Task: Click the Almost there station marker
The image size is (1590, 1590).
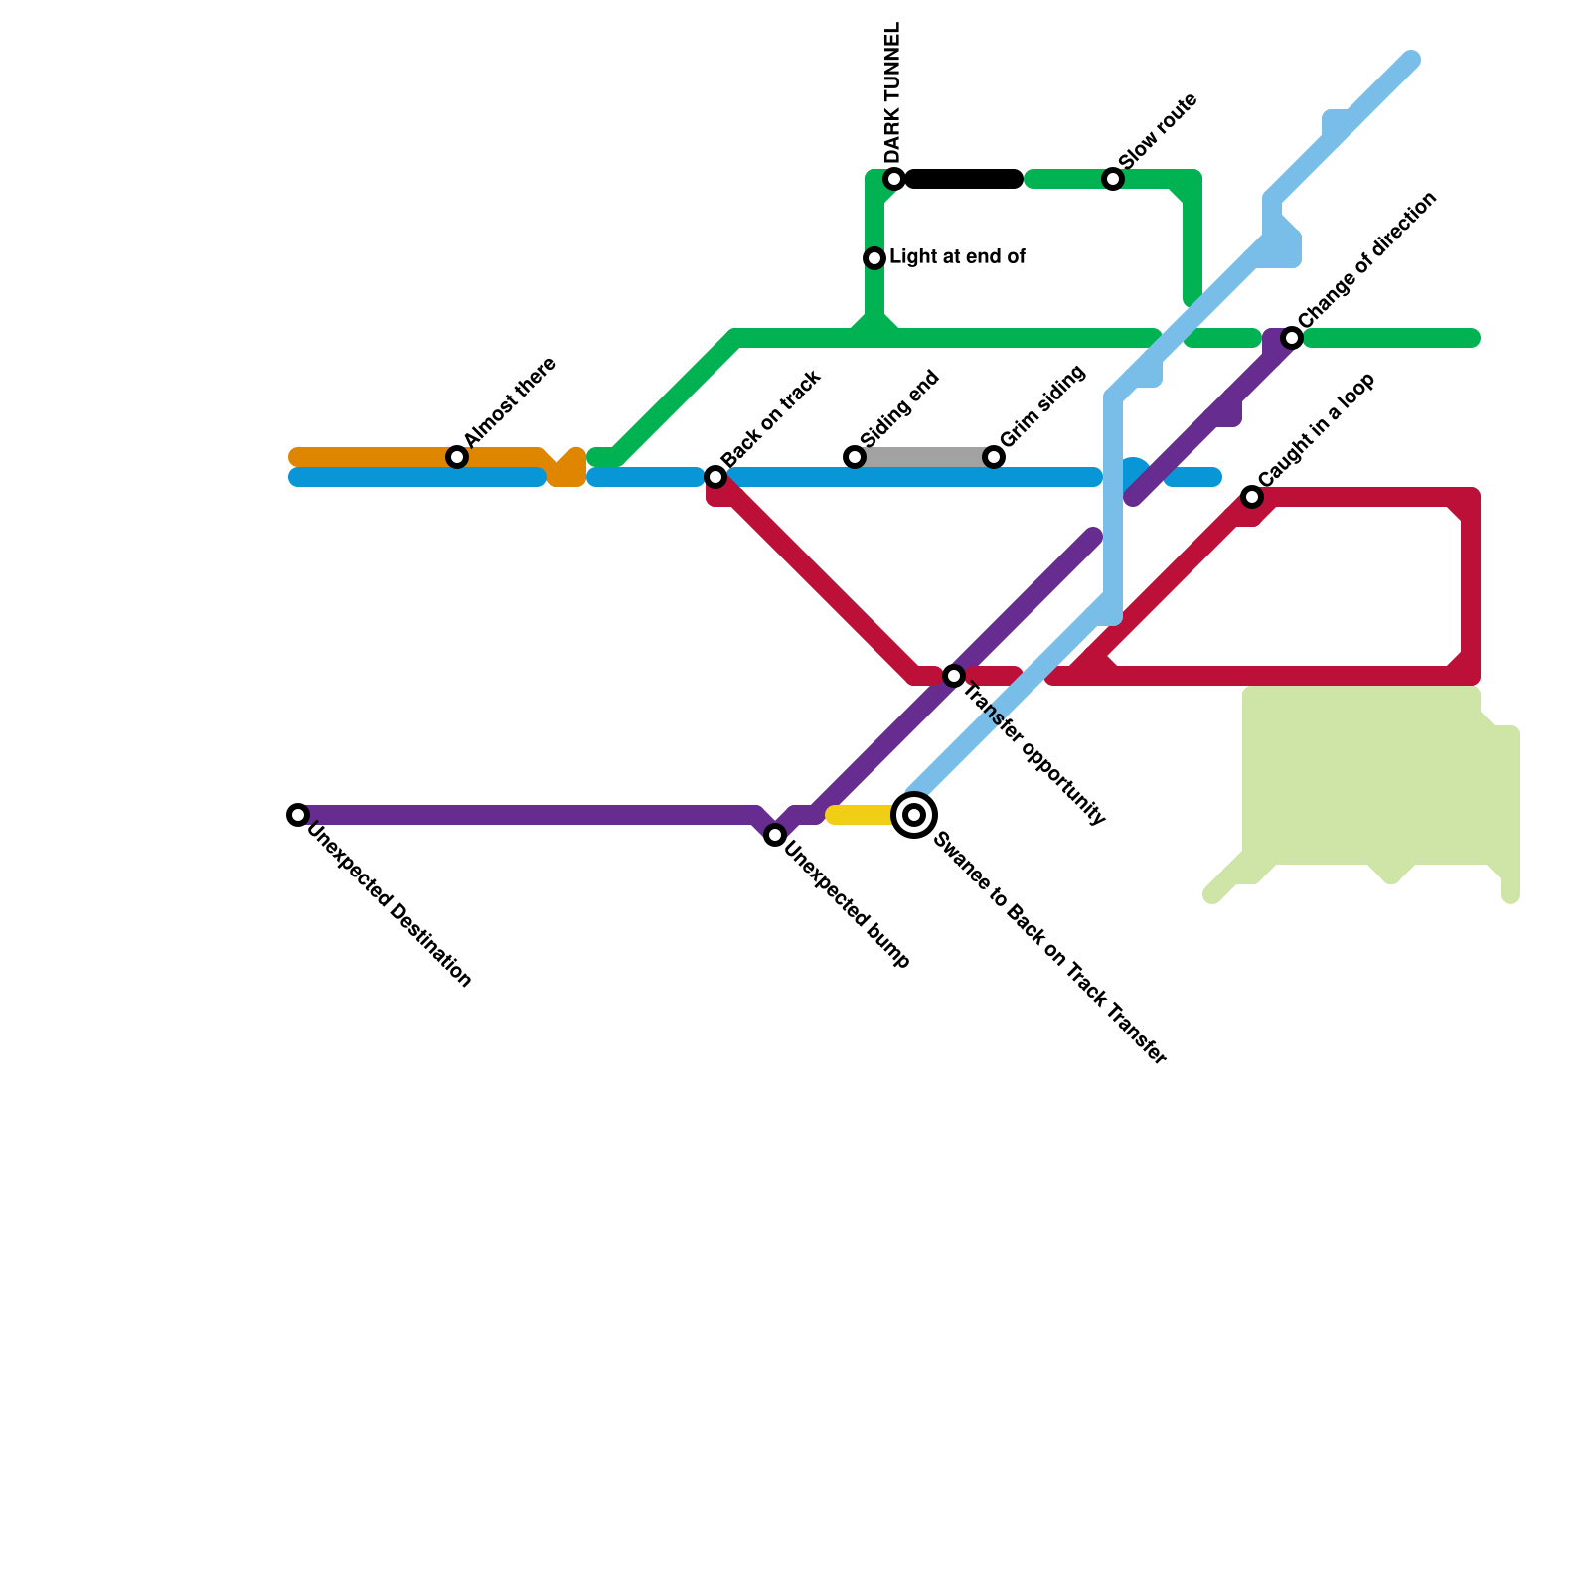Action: tap(457, 457)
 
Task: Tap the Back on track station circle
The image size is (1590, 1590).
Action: tap(715, 477)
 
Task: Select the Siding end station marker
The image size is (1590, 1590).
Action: tap(855, 457)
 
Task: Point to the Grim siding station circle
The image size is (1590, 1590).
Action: tap(994, 457)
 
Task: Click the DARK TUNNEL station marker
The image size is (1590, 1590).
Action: tap(894, 179)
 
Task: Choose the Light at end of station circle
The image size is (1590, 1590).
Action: tap(874, 258)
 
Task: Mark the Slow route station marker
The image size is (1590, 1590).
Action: tap(1113, 179)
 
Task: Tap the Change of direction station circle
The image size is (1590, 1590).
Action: tap(1292, 338)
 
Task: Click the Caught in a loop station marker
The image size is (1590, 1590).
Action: tap(1252, 497)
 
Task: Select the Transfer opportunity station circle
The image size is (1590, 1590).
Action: tap(954, 676)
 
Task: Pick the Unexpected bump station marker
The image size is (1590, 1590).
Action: tap(775, 835)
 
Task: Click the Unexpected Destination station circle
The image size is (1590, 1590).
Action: tap(298, 815)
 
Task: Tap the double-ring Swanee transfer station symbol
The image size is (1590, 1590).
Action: tap(914, 815)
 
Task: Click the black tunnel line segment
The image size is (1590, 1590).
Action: tap(964, 179)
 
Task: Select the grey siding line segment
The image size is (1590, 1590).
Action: tap(924, 457)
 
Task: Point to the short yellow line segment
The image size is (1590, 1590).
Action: tap(861, 815)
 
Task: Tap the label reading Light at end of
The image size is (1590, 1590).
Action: tap(957, 257)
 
